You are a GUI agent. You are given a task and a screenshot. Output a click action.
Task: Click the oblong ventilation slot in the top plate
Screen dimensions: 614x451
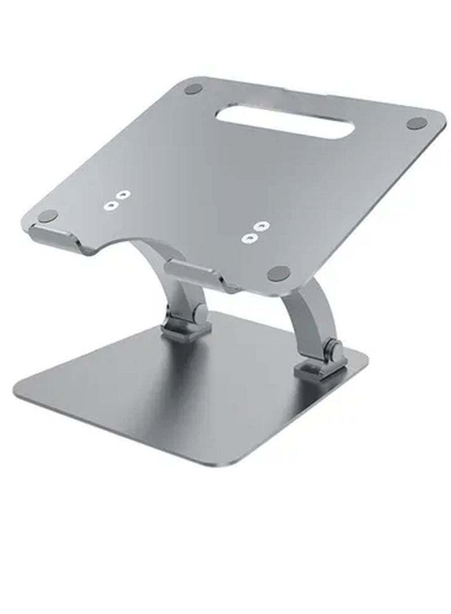coord(285,120)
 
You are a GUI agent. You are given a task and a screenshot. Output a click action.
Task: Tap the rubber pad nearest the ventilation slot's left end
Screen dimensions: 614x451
coord(193,89)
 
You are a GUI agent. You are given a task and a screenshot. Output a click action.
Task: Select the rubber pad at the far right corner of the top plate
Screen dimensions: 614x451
coord(417,123)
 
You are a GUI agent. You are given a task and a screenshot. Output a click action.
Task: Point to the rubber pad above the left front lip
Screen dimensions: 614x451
coord(48,216)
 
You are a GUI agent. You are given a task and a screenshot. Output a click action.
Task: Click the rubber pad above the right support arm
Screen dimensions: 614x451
coord(278,274)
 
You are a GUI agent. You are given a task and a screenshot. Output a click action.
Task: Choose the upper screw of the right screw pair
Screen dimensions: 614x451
coord(259,226)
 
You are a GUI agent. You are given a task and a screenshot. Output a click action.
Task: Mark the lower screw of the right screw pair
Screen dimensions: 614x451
coord(249,238)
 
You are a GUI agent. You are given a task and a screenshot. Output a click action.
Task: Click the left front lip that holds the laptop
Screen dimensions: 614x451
coord(56,236)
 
